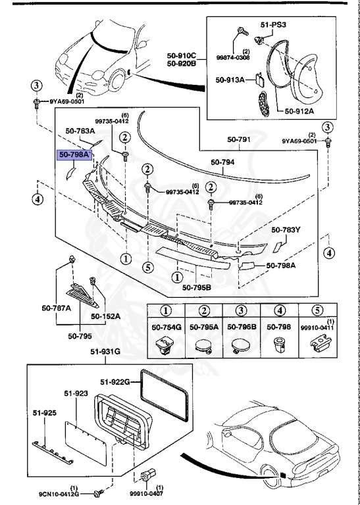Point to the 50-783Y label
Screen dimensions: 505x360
pos(287,230)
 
